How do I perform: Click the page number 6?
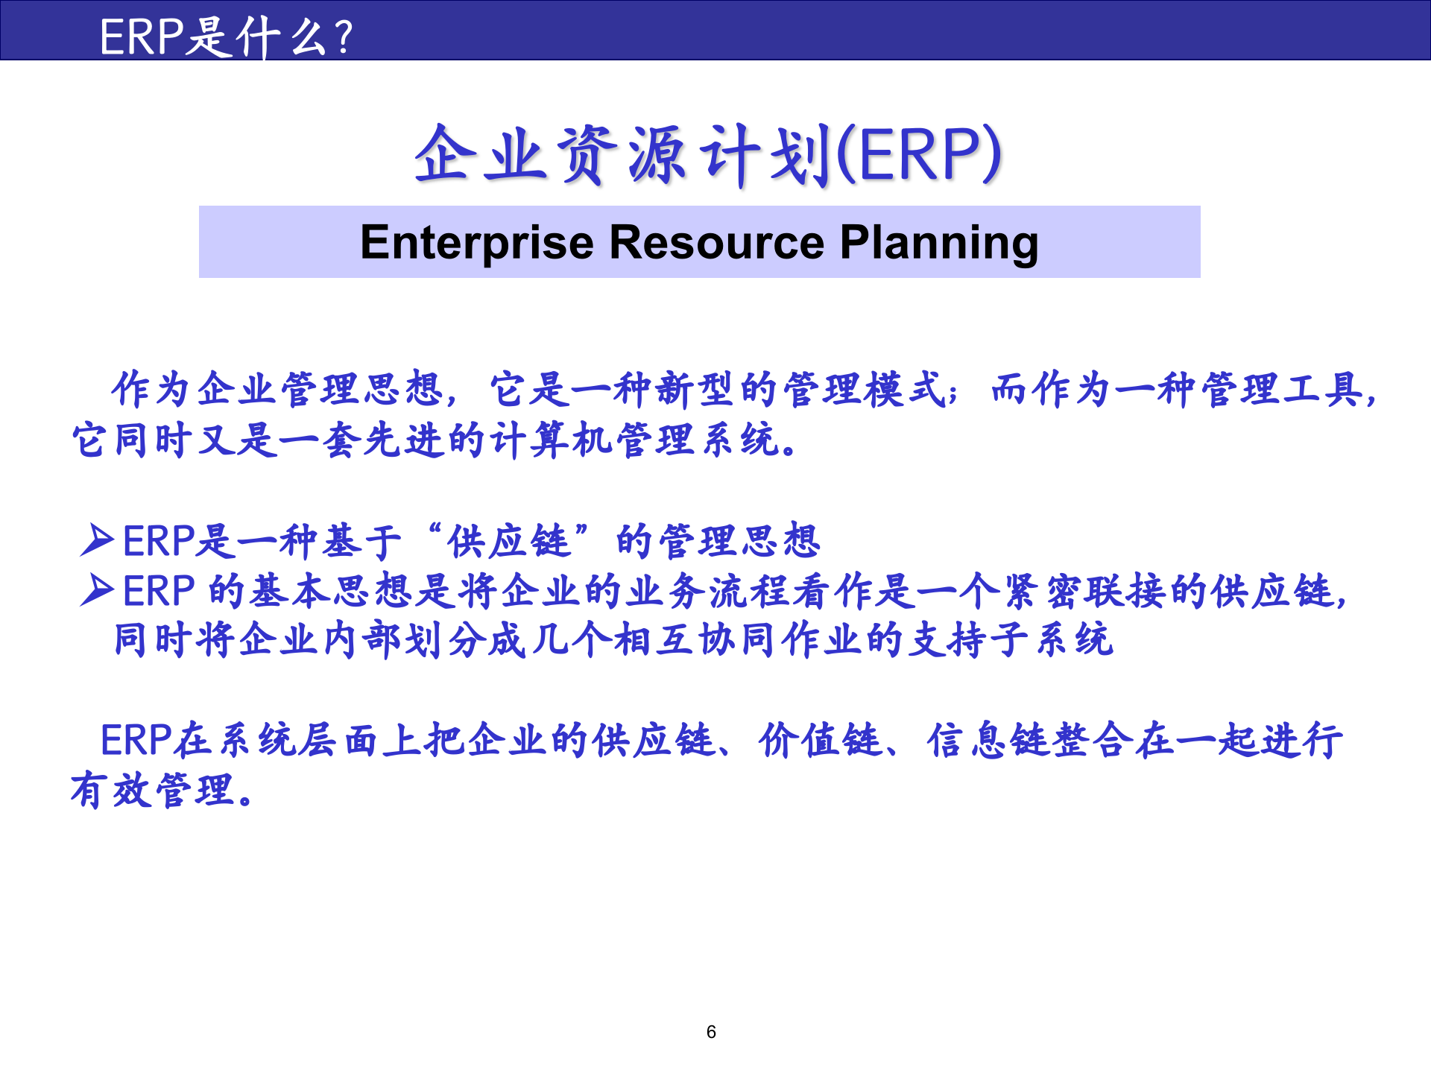pos(711,1032)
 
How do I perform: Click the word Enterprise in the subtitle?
pos(477,243)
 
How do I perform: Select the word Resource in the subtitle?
pos(717,243)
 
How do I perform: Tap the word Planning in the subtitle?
pos(939,243)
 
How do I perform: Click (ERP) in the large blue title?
pos(920,155)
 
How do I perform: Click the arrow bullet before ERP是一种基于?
pos(97,540)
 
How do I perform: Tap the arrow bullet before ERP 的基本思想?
pos(97,590)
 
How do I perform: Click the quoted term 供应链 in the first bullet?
pos(509,541)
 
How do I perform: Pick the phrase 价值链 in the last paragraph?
pos(820,741)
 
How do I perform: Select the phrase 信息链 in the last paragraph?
pos(988,741)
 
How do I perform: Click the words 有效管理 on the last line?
pos(154,791)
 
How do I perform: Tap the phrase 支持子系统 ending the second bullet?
pos(1011,640)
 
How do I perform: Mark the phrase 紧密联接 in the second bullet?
pos(1084,591)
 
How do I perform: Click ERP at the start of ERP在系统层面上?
pos(136,741)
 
